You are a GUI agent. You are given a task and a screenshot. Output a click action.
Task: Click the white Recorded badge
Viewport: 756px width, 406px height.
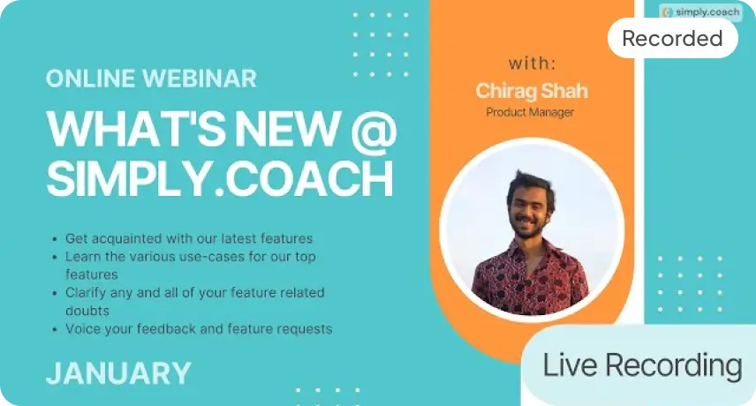[673, 38]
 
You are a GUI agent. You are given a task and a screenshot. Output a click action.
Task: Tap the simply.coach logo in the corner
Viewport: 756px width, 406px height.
[700, 12]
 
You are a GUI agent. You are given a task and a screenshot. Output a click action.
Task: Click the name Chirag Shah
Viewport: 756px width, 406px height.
[532, 91]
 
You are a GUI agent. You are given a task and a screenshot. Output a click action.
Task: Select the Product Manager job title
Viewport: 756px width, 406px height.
[530, 112]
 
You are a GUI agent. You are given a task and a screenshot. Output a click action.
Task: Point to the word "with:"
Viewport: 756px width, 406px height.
[533, 63]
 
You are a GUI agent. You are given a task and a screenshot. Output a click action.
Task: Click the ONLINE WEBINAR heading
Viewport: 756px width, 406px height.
[151, 79]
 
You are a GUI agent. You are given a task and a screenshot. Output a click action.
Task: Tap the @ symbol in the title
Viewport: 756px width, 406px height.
[374, 129]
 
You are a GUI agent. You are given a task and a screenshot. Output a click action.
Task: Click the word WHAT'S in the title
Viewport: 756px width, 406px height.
[136, 129]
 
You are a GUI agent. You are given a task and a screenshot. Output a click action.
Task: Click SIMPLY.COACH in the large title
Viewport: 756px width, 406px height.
[220, 178]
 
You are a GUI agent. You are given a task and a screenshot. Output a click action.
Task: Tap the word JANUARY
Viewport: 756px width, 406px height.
[118, 373]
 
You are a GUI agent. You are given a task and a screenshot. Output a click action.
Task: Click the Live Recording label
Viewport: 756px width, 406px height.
[643, 365]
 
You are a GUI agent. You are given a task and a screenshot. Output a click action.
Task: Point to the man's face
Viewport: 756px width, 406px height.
[531, 209]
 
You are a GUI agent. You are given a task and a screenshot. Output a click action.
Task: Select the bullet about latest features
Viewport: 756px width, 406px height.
[189, 238]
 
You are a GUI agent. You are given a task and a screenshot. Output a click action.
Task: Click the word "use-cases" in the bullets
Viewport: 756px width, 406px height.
[212, 257]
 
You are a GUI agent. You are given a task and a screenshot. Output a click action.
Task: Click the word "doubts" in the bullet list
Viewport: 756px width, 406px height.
[87, 311]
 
